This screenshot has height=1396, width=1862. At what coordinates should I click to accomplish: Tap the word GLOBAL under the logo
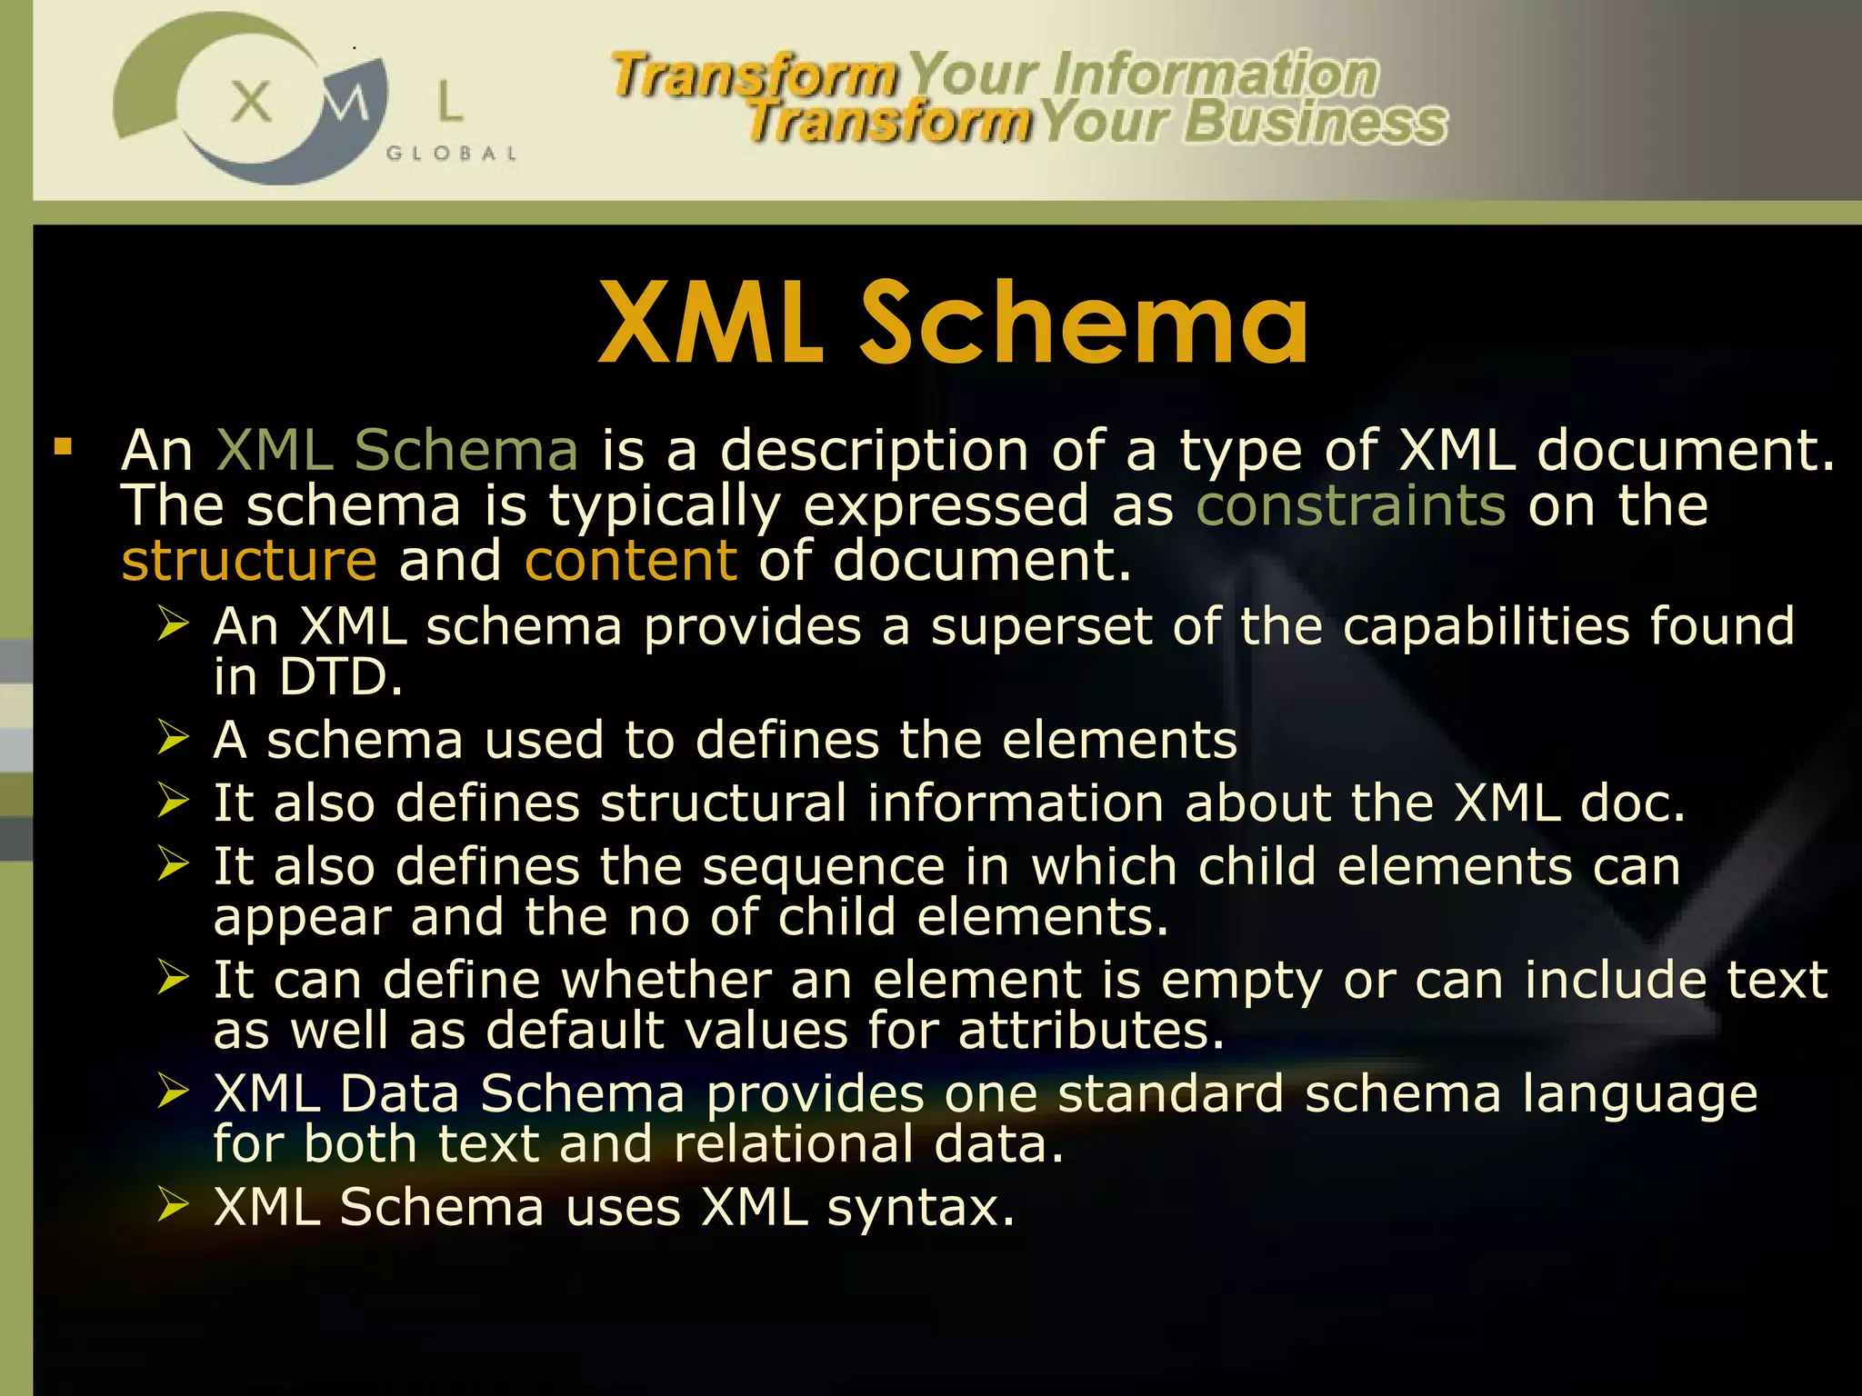tap(451, 154)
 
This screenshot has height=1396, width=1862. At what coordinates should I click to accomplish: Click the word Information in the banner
tap(1215, 75)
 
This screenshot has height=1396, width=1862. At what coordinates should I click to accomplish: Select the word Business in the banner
tap(1315, 122)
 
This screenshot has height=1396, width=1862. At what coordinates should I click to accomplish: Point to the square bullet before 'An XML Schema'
tap(63, 446)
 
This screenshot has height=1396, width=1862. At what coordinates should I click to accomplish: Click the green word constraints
tap(1351, 505)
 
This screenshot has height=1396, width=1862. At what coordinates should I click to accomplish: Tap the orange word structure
tap(249, 561)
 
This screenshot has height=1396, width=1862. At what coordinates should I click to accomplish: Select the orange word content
tap(631, 561)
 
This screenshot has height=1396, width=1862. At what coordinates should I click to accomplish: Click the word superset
tap(1041, 626)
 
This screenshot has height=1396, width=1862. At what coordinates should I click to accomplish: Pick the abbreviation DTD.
tap(340, 677)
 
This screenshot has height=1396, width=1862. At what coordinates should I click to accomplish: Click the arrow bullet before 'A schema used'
tap(173, 737)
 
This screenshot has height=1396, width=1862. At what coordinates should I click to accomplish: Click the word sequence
tap(824, 866)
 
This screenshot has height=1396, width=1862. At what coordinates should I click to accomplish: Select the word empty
tap(1242, 982)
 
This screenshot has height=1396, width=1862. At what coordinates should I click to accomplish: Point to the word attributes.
tap(1091, 1031)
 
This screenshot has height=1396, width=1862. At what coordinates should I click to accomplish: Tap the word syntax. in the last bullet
tap(920, 1208)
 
